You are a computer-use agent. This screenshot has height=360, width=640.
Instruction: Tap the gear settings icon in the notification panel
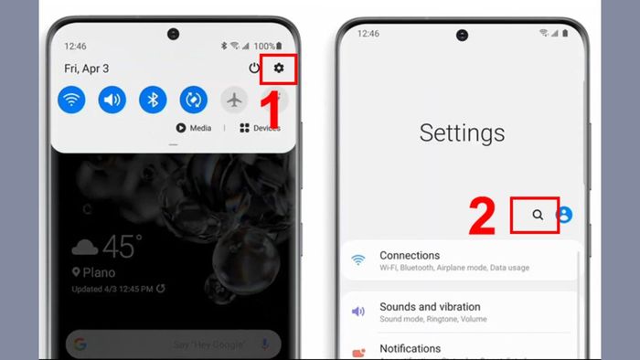click(279, 69)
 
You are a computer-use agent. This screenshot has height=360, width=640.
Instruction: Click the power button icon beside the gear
click(254, 69)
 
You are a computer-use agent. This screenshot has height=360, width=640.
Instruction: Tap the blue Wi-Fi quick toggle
click(71, 100)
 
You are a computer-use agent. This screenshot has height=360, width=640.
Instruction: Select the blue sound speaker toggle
click(112, 100)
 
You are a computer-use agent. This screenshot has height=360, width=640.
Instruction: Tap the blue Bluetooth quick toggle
click(153, 100)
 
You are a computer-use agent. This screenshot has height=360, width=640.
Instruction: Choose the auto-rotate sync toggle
click(193, 100)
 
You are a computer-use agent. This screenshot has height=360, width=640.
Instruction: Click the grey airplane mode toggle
click(234, 100)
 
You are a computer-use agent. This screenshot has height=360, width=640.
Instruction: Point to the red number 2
click(482, 216)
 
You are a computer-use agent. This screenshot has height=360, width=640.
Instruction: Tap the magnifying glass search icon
click(538, 215)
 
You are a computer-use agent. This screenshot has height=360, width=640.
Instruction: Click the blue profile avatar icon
click(564, 215)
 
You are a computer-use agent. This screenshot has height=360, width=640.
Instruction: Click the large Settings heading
click(462, 132)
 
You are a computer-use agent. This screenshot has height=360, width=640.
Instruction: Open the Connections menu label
click(410, 256)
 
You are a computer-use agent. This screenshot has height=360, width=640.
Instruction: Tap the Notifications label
click(410, 349)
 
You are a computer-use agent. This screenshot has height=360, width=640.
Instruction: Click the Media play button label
click(194, 129)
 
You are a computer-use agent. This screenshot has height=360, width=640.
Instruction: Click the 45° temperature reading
click(120, 246)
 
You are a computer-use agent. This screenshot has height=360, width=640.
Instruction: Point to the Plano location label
click(98, 272)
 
